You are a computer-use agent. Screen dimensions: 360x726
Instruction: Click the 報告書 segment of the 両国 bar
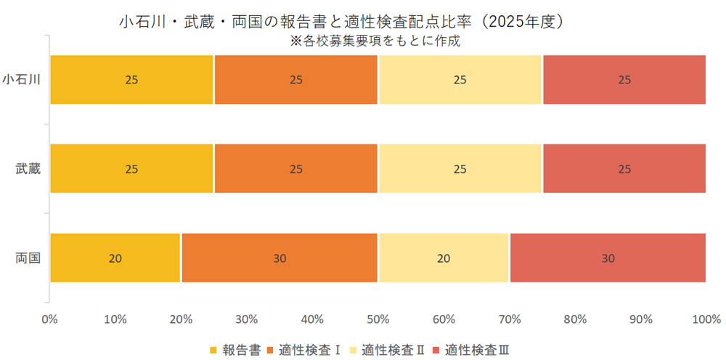tap(115, 258)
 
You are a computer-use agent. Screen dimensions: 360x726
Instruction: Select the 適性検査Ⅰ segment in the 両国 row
tap(280, 258)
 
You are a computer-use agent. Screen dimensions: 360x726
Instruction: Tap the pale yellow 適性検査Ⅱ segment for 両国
tap(444, 258)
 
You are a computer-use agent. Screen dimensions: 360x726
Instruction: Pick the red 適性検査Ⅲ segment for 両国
tap(608, 258)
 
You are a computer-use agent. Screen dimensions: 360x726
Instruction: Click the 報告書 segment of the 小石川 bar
tap(131, 79)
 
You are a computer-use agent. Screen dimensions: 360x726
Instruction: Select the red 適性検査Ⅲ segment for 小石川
tap(624, 79)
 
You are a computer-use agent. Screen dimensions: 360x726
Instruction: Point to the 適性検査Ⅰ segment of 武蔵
tap(296, 168)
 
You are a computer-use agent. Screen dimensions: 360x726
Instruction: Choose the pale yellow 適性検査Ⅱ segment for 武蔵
tap(460, 168)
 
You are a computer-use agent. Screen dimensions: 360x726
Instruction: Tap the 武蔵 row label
tap(28, 168)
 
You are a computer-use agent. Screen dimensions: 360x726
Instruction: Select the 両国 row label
tap(28, 258)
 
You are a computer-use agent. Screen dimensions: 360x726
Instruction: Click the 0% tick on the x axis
tap(49, 319)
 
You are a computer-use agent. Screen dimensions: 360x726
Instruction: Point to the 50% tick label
tap(378, 319)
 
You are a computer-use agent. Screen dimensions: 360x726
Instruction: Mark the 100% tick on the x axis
tap(705, 319)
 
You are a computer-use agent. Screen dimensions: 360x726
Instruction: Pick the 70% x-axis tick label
tap(509, 319)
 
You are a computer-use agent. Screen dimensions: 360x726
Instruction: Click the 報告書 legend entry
tap(235, 349)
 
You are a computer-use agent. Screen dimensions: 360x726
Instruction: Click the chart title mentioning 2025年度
tap(341, 22)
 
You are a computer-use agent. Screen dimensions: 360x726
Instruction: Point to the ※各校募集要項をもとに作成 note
tap(375, 41)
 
